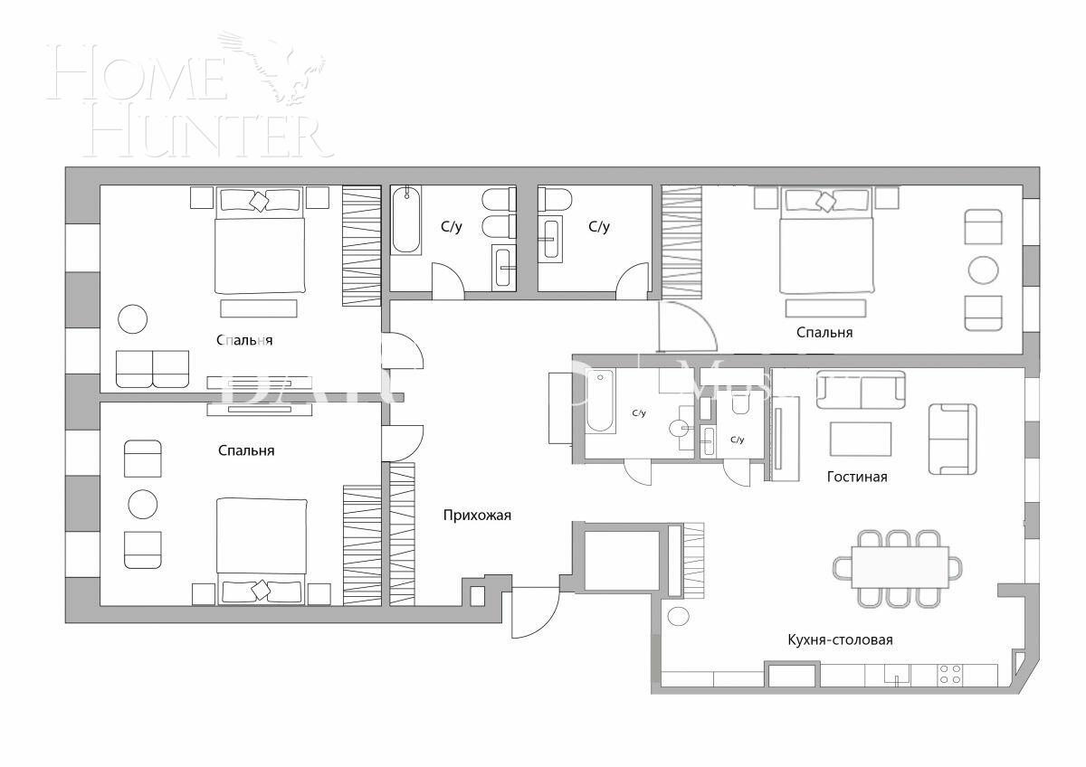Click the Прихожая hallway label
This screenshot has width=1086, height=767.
point(477,516)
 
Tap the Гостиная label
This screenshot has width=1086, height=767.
point(856,477)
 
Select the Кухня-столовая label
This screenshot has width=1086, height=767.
point(840,640)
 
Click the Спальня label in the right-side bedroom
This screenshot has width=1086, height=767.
point(824,333)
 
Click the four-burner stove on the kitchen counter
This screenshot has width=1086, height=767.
point(950,674)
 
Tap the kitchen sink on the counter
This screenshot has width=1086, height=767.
point(896,674)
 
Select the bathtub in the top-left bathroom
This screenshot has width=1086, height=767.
point(406,220)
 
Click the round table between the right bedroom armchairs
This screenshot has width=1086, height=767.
point(983,270)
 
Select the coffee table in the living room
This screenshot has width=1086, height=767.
point(860,439)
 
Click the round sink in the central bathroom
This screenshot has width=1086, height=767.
point(680,429)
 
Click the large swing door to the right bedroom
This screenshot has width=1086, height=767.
point(686,326)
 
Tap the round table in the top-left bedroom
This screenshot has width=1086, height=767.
point(132,318)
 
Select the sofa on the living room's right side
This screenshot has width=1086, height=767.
point(952,439)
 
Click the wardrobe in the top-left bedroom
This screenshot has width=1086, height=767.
point(362,246)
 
